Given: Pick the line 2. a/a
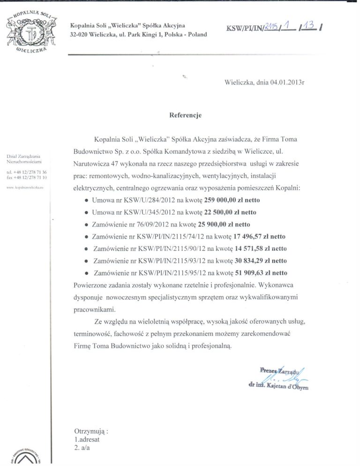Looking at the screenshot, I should coord(82,448).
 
